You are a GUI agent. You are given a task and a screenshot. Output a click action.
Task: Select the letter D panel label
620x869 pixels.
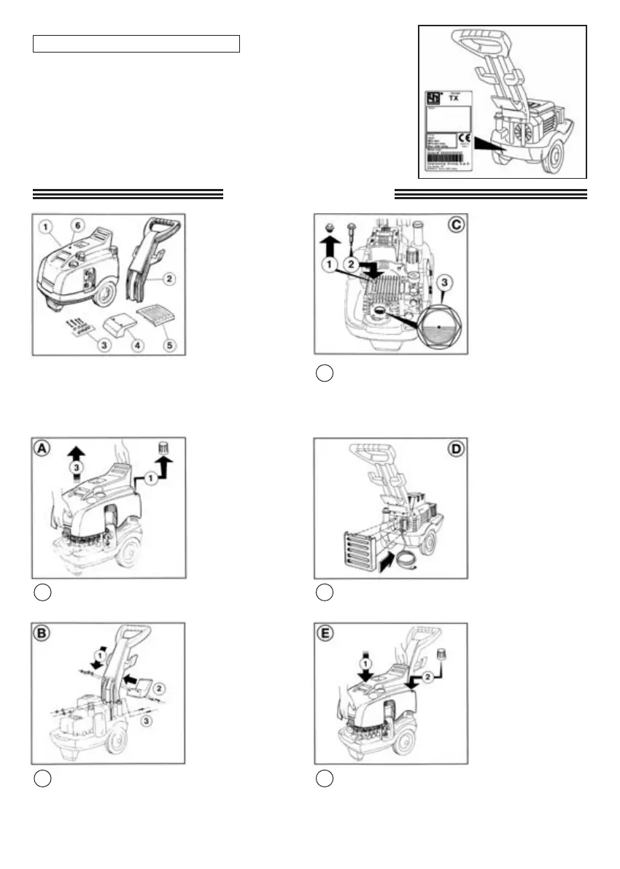[x=455, y=449]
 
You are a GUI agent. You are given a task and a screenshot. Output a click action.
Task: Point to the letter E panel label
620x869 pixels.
[x=326, y=633]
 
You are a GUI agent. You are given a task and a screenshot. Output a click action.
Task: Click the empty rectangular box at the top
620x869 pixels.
[x=136, y=43]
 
